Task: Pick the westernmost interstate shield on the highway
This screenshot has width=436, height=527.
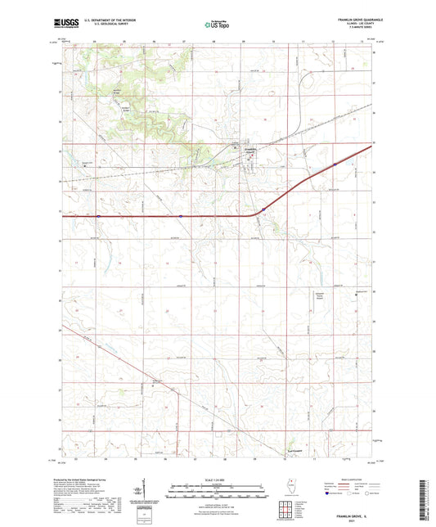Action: coord(98,217)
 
